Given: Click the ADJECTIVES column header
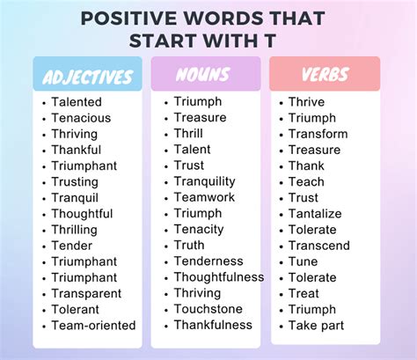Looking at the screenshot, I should pos(87,76).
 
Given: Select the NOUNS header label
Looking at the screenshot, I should pos(205,76).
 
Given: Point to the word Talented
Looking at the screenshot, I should pos(77,103).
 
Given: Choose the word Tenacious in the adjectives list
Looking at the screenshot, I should pos(81,119).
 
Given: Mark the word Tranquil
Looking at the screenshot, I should pos(75,198).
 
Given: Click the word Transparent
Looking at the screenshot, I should pos(87,294).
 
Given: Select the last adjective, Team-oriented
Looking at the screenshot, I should pos(93,326).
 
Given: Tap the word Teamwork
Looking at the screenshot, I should pos(204,198).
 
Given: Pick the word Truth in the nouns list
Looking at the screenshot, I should pos(189,246).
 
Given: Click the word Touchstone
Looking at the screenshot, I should pos(207,310).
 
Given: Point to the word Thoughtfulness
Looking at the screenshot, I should pos(218,277).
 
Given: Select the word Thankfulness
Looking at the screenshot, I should pos(214,326).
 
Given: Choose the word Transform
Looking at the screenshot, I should pos(318,135).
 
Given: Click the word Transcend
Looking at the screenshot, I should pos(318,246).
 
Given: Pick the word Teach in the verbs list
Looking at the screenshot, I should pos(306,182).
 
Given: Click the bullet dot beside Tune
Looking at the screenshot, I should pos(281,262).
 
